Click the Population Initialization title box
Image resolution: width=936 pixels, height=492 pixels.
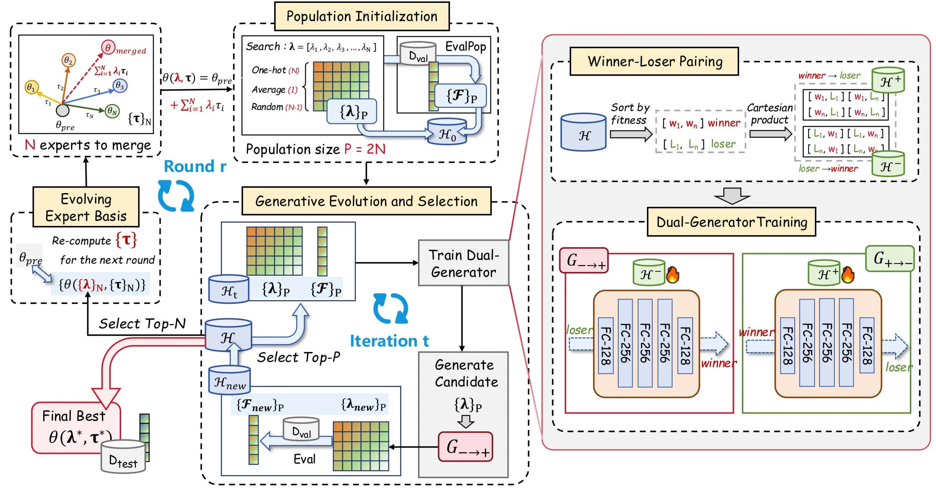[362, 16]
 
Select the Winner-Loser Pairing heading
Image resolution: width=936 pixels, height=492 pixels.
[654, 61]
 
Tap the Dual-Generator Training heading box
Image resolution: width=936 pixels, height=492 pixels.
[731, 222]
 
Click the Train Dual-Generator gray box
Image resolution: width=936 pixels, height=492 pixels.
[463, 263]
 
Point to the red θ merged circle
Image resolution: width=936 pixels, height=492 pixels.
[108, 47]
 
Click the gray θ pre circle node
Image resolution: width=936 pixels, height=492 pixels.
[63, 110]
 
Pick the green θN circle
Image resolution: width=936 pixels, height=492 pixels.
[112, 111]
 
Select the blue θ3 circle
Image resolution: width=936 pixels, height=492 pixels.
[120, 86]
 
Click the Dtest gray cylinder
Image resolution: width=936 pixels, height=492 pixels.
[123, 457]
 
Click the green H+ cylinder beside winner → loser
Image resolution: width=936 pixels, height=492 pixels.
[888, 79]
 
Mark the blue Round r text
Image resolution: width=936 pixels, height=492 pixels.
[195, 166]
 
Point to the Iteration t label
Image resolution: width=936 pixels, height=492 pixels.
[389, 341]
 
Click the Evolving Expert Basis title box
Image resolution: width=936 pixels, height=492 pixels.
[86, 207]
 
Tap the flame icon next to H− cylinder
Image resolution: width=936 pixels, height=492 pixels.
[673, 275]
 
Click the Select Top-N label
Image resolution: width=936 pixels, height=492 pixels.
[142, 324]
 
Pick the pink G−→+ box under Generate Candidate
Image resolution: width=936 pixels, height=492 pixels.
[465, 447]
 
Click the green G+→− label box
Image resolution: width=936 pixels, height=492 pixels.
[890, 259]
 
